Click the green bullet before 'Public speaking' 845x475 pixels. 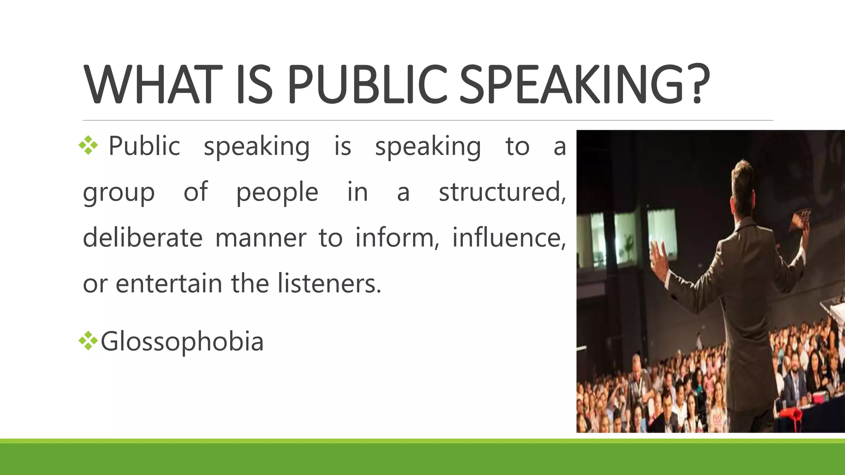(88, 145)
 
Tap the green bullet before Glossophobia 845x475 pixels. (88, 341)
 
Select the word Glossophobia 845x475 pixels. (182, 342)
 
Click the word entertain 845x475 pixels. (169, 284)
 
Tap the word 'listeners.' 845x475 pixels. (329, 284)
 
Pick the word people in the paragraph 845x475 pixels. (277, 193)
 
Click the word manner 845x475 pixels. (260, 238)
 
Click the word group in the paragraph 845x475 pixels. (119, 193)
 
